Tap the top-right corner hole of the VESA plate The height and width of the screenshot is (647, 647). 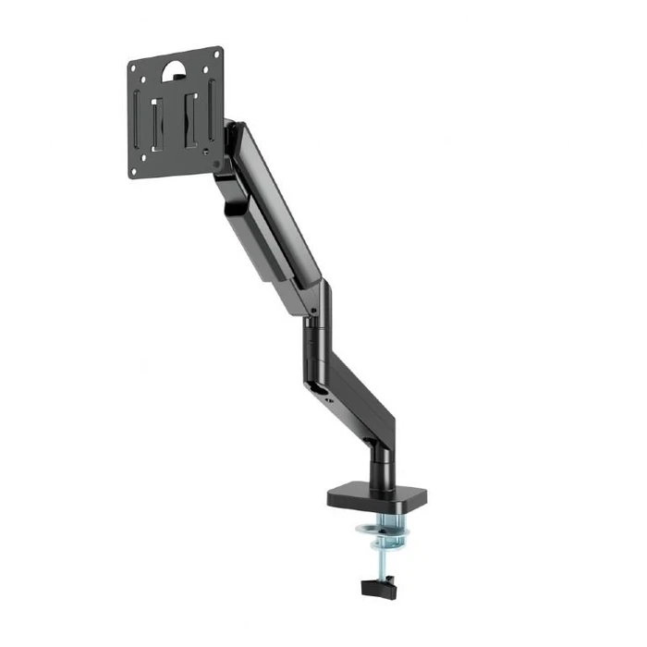(x=215, y=55)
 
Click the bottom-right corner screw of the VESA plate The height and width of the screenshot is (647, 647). (x=217, y=159)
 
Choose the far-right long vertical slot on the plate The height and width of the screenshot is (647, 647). (x=212, y=107)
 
